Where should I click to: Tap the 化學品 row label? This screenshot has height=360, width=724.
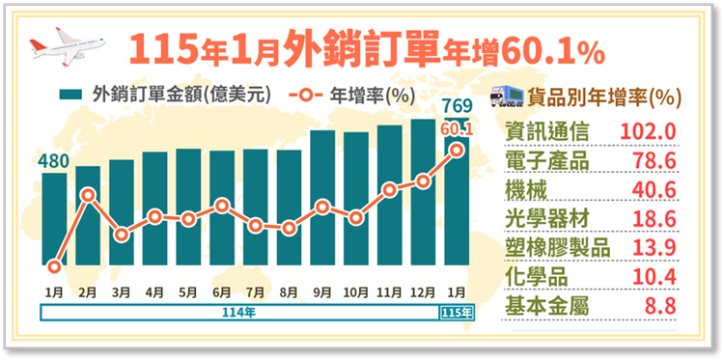(x=531, y=279)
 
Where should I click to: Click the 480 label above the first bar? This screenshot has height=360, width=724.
(x=54, y=160)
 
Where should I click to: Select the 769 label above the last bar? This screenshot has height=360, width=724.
(x=456, y=105)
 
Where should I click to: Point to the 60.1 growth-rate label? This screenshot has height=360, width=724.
(x=458, y=127)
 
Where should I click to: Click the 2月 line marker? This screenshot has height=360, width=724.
(x=88, y=195)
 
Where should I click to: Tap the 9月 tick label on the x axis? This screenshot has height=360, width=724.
(x=322, y=290)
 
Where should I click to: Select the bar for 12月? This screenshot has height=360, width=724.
(x=423, y=193)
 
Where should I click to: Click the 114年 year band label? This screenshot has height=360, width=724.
(x=237, y=313)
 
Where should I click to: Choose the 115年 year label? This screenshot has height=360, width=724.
(x=457, y=313)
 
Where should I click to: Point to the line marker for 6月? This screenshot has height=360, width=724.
(x=222, y=206)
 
